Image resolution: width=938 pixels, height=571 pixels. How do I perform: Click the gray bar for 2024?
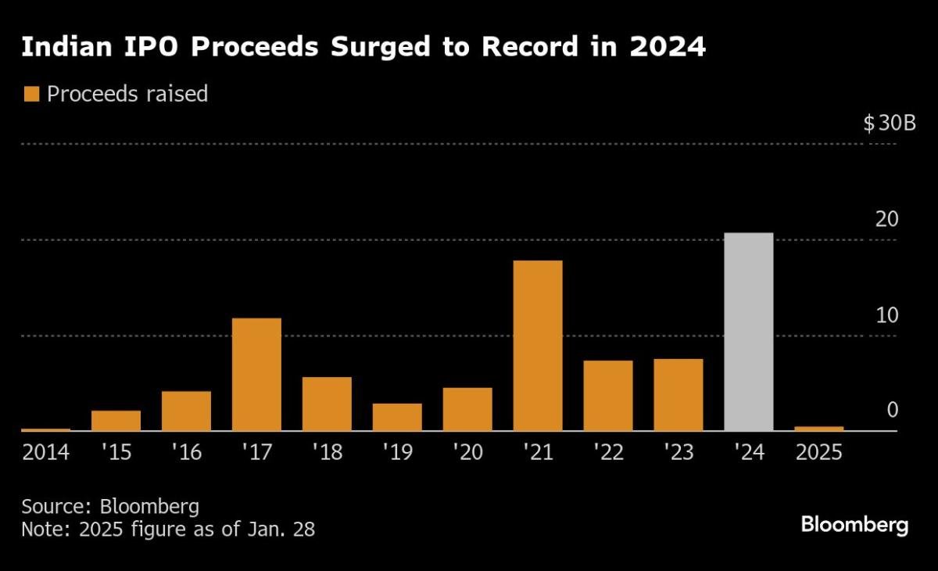748,332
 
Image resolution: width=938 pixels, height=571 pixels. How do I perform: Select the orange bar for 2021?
538,345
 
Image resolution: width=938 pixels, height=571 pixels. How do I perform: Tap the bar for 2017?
256,374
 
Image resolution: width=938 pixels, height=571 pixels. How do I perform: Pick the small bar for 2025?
818,428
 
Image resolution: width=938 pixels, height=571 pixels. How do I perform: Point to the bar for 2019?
397,417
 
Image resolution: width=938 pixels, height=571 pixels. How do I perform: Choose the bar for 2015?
116,420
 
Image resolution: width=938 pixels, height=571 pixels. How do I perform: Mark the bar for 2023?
678,394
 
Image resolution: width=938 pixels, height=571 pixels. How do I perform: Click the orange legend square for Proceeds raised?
31,94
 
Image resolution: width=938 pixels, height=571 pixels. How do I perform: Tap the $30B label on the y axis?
889,124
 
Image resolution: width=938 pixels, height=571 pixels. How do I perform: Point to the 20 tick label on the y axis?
887,220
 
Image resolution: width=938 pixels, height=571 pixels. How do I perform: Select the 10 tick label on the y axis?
887,315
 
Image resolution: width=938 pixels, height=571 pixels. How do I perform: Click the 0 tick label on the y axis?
893,411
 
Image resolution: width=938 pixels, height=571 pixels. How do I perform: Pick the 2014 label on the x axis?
45,453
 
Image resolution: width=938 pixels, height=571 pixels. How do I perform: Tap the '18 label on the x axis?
327,453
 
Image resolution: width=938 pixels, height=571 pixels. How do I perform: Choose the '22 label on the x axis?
607,453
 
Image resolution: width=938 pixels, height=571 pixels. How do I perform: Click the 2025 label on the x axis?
818,453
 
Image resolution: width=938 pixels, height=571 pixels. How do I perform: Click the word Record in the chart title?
535,48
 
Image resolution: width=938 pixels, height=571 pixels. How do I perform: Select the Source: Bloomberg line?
109,505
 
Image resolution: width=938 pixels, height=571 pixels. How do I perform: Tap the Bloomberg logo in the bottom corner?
854,525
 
